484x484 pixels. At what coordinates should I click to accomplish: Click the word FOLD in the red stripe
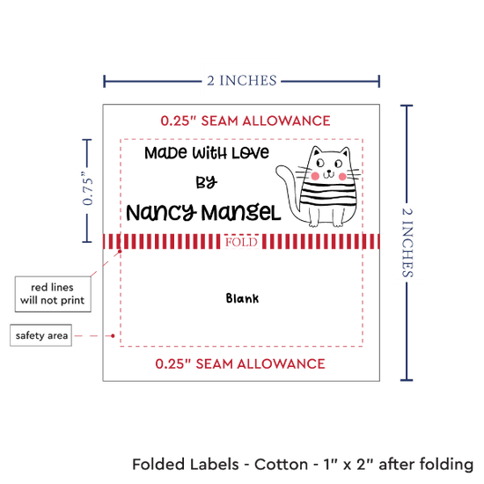coord(241,242)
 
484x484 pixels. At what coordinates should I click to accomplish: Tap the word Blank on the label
coord(242,298)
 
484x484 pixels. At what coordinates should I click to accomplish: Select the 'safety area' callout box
coord(40,335)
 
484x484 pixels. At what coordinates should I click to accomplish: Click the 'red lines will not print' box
coord(53,294)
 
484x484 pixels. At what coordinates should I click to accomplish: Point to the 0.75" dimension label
coord(87,188)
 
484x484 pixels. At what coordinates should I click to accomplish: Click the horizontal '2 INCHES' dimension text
coord(242,81)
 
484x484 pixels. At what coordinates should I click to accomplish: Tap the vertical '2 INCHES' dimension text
coord(407,242)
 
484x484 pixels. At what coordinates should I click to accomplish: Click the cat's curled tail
coord(287,191)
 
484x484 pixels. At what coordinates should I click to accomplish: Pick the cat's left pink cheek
coord(315,176)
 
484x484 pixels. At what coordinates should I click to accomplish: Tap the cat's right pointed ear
coord(345,152)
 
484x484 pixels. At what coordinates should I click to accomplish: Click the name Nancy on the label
coord(161,213)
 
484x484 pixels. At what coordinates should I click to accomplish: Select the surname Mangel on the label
coord(241,213)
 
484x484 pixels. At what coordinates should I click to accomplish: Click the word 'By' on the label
coord(207,182)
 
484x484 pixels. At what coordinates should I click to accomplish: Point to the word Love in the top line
coord(250,153)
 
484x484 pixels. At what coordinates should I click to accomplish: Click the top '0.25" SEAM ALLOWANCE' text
coord(246,121)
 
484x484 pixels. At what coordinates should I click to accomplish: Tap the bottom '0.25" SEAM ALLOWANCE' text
coord(240,363)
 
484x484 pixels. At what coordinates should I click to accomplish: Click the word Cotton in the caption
coord(282,464)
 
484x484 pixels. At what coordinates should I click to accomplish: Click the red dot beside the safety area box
coord(113,335)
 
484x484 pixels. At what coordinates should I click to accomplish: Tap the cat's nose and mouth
coord(329,173)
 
